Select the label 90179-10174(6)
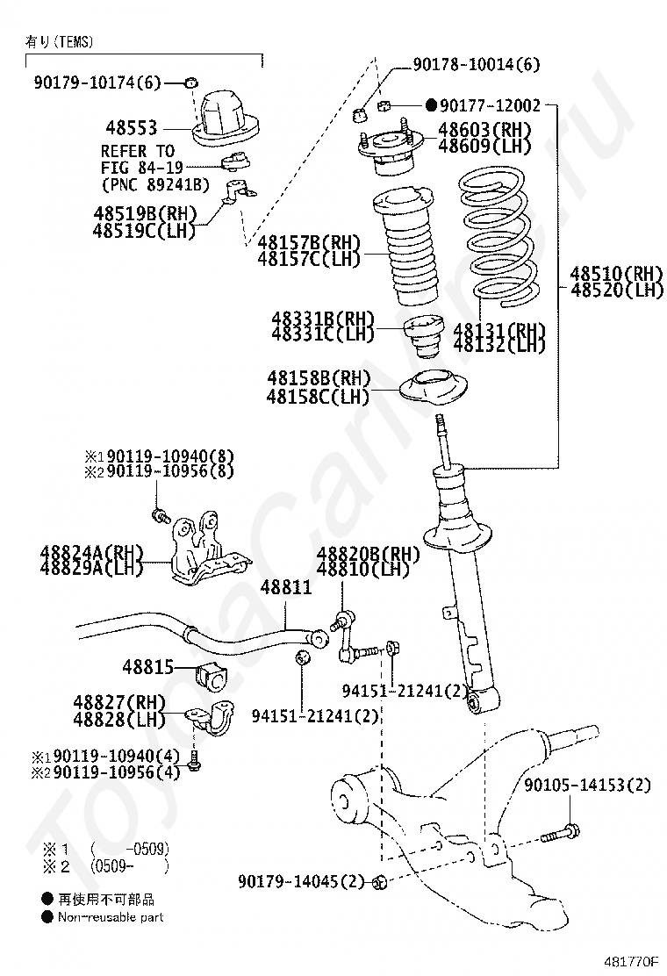point(98,83)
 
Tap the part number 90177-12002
point(490,105)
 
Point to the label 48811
point(286,587)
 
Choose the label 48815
point(148,666)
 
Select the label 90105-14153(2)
point(588,785)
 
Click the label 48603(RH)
point(484,130)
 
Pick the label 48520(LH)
point(617,290)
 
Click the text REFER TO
point(138,151)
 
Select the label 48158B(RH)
point(319,379)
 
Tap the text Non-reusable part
point(111,917)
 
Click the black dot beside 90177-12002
point(431,105)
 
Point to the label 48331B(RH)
point(322,318)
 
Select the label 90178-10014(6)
point(477,64)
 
